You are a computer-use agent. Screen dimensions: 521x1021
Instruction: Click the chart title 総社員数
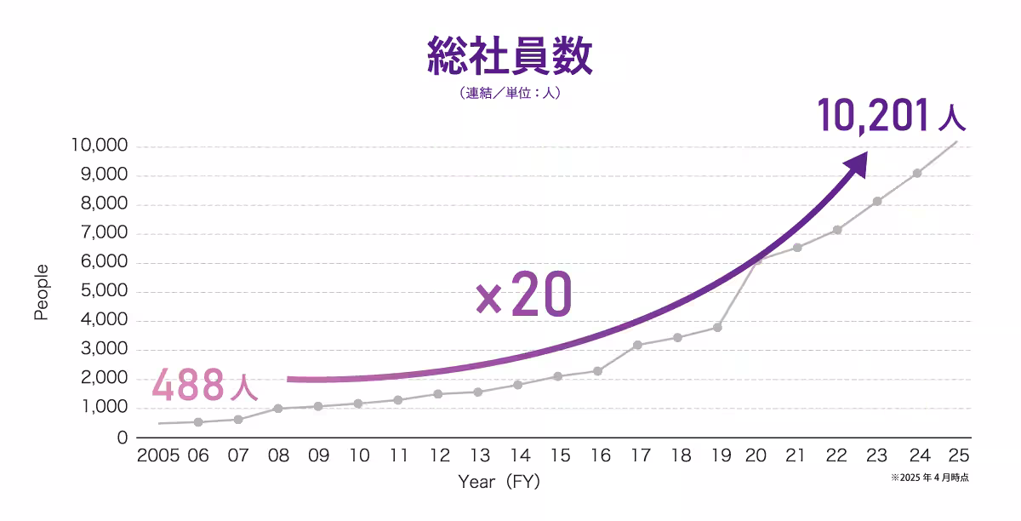click(509, 57)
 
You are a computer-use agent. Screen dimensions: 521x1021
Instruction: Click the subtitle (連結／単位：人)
click(509, 94)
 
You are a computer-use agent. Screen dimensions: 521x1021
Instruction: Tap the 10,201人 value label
click(892, 116)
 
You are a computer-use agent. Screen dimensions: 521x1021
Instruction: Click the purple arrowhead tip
click(866, 154)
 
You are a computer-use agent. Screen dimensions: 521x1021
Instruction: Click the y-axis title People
click(41, 292)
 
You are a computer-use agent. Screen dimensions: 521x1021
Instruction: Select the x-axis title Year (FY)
click(499, 482)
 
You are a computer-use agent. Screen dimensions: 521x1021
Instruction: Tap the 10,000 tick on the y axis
click(100, 146)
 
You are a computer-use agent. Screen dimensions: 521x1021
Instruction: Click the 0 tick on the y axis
click(122, 438)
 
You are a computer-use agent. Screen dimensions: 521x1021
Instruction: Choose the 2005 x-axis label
click(157, 455)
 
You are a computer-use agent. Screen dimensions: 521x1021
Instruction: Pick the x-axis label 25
click(957, 455)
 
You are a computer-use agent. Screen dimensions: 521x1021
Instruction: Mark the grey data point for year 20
click(757, 260)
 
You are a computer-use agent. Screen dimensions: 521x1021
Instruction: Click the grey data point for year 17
click(637, 345)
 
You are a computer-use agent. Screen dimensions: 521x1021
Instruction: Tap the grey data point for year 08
click(277, 409)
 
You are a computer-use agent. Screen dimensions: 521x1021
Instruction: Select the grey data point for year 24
click(917, 173)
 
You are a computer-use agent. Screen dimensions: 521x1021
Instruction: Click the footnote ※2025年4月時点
click(929, 478)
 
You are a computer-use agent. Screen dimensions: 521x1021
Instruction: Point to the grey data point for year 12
click(437, 394)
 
